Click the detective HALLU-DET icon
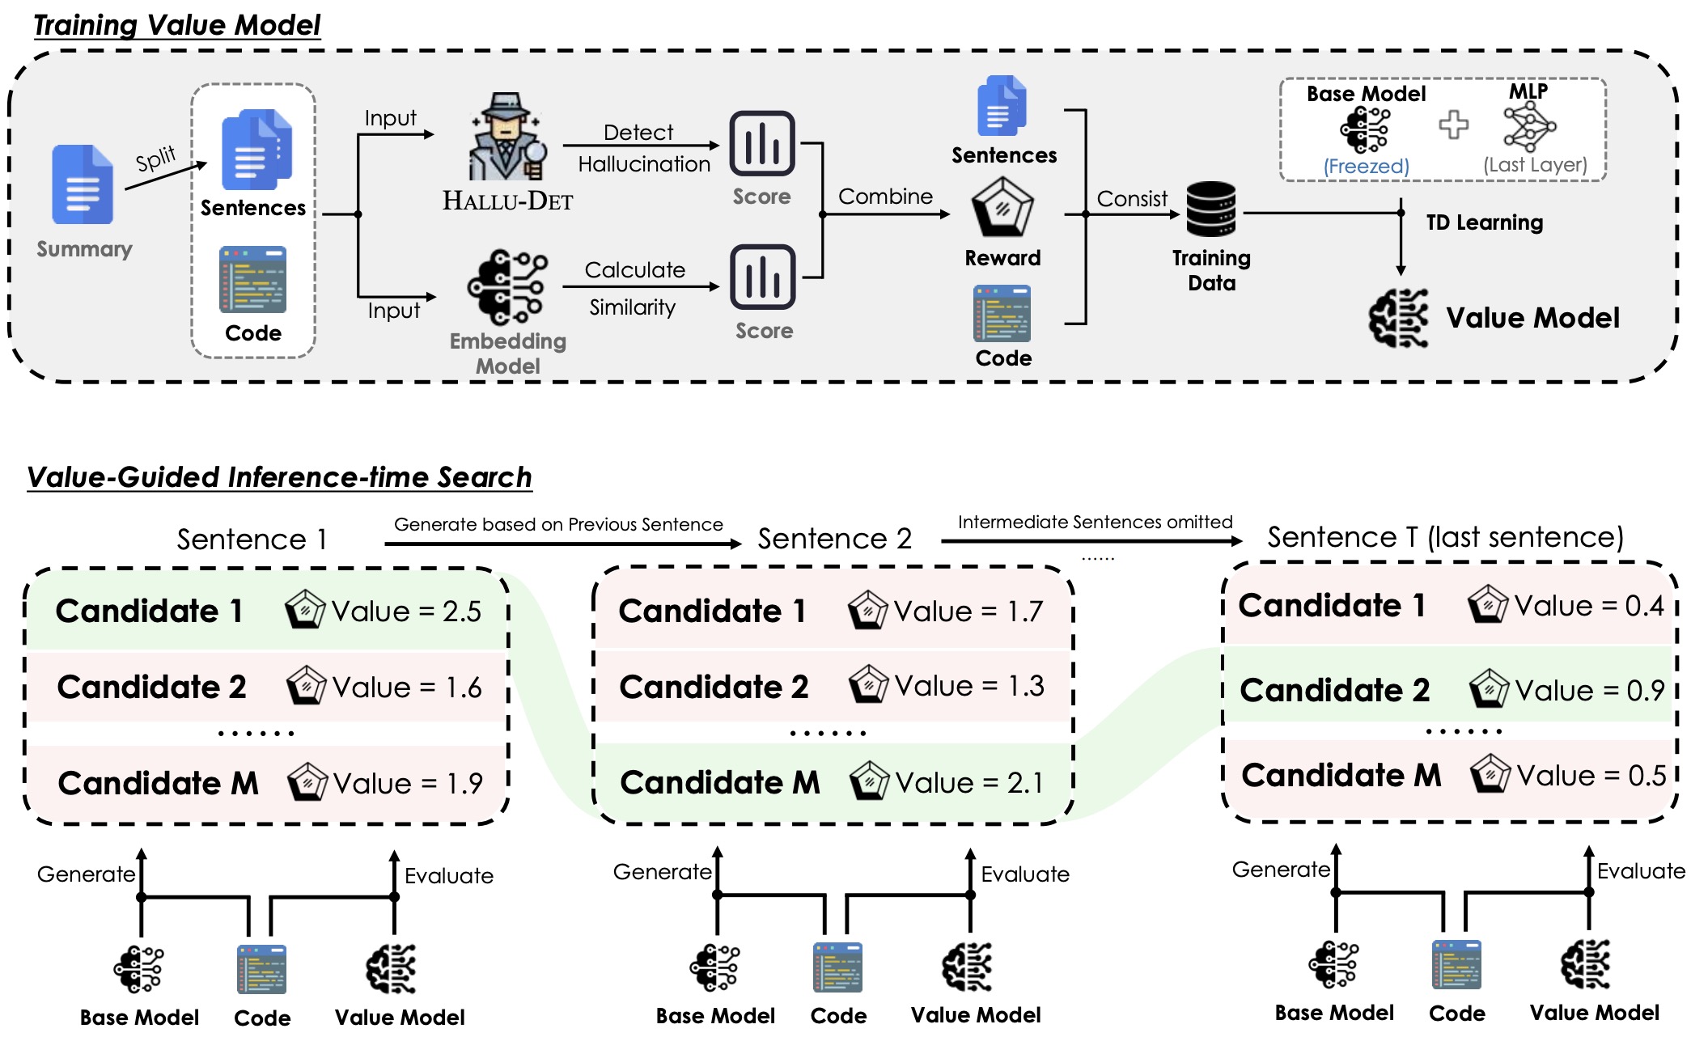click(506, 137)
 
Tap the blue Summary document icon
click(83, 184)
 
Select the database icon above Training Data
click(1210, 210)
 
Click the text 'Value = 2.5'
click(406, 612)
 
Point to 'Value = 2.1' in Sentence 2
click(969, 783)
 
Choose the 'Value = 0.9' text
click(1589, 691)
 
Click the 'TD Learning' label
click(1484, 222)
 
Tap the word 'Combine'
click(885, 197)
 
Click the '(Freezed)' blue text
click(1366, 166)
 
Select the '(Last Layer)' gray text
click(1535, 165)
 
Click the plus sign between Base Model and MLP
click(1453, 125)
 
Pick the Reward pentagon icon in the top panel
click(1002, 207)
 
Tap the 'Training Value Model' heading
click(177, 25)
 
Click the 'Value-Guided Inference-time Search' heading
click(279, 477)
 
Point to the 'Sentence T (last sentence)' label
click(1445, 537)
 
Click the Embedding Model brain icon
click(507, 287)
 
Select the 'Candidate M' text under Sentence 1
click(159, 783)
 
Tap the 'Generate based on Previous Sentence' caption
click(558, 524)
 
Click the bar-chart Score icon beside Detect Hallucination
click(762, 144)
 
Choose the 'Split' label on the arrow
click(155, 159)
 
